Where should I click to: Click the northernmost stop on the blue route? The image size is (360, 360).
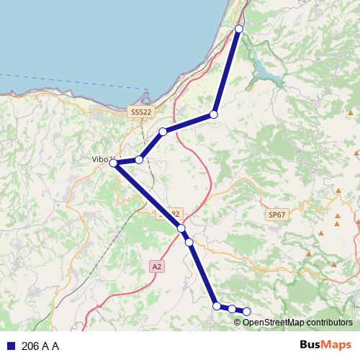(239, 29)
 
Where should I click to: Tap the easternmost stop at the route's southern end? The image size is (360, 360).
(246, 311)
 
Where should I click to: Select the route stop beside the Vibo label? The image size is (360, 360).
(113, 164)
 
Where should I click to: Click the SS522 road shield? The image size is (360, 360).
(142, 112)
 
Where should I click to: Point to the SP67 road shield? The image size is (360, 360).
(276, 215)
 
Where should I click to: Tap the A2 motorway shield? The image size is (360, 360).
(157, 266)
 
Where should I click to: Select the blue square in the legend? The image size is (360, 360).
(11, 346)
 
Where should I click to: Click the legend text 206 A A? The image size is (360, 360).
(40, 346)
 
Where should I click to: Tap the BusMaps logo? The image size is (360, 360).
(325, 346)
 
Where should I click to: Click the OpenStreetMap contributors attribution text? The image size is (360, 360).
(297, 322)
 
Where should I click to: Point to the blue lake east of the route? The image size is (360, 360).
(268, 72)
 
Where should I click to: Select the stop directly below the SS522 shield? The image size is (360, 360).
(163, 132)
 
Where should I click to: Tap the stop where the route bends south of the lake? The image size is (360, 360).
(214, 114)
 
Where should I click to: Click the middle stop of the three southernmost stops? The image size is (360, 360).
(232, 309)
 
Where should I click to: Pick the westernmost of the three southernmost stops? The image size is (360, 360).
(217, 306)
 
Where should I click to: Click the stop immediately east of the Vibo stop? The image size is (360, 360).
(139, 160)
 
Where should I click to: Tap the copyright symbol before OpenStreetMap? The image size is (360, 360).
(238, 322)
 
